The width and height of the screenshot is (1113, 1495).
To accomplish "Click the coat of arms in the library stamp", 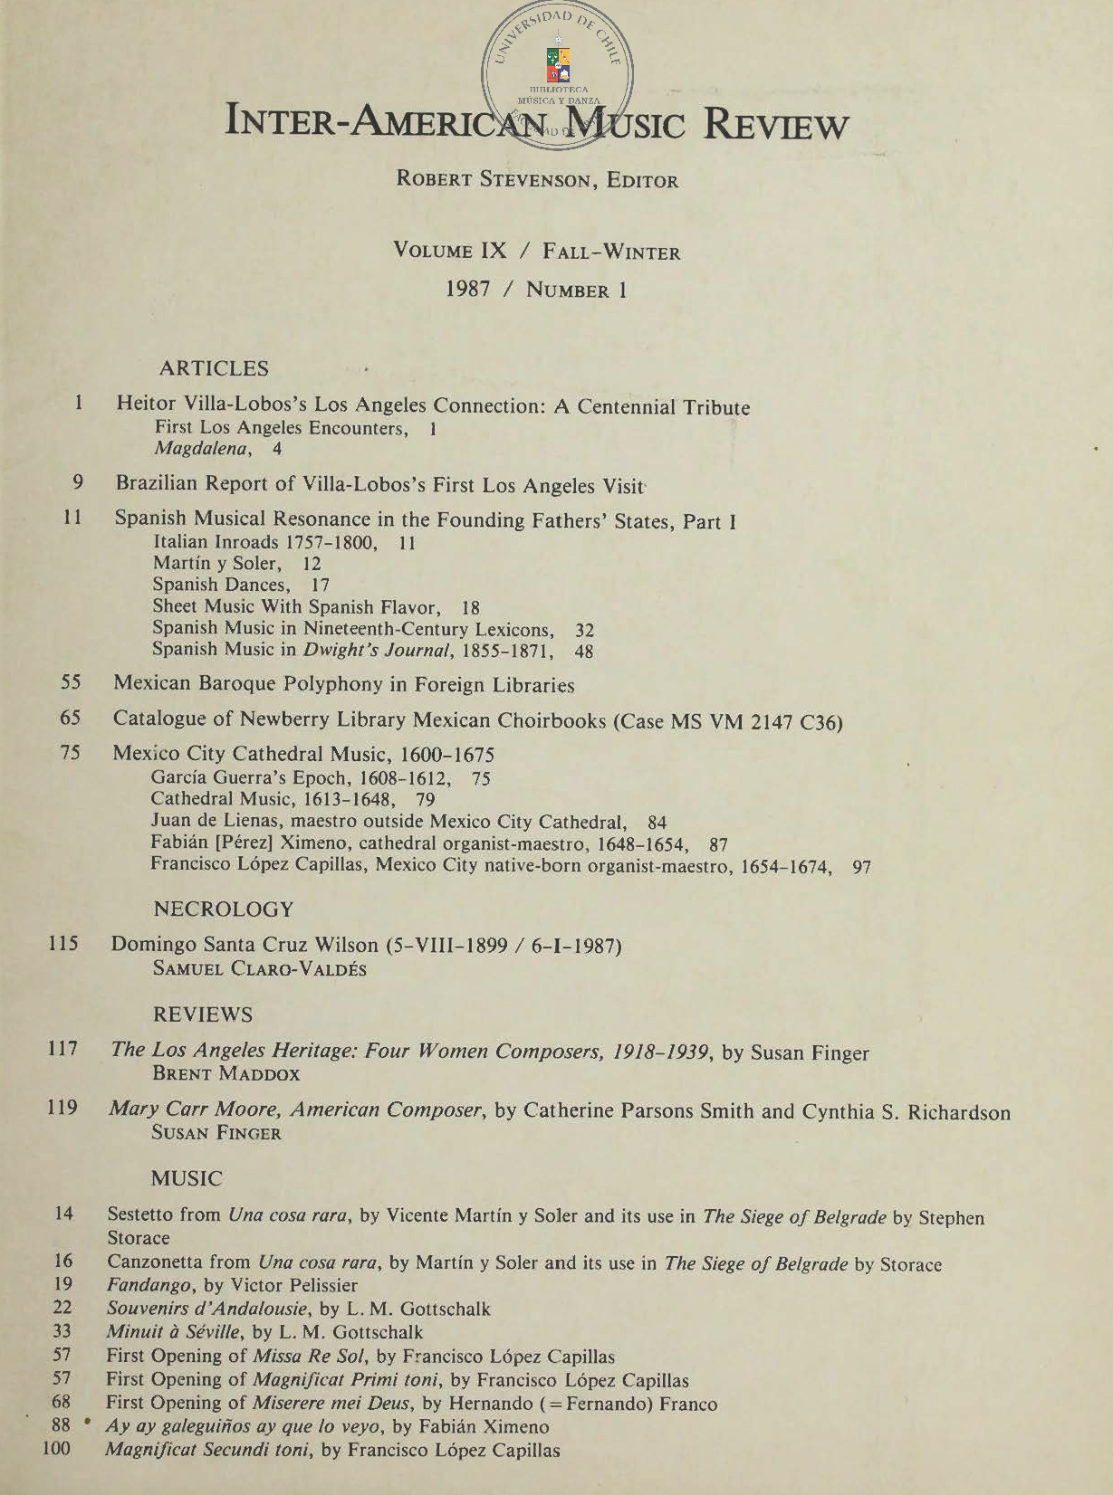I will [558, 65].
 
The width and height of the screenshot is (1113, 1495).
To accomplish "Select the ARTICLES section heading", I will [214, 368].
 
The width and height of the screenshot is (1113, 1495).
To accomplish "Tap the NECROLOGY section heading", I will [224, 909].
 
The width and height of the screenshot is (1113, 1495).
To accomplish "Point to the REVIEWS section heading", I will [203, 1014].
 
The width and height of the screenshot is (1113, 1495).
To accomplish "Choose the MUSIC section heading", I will [187, 1178].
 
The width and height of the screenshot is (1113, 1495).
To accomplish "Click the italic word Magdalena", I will [200, 449].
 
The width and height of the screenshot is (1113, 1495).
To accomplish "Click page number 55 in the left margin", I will [71, 682].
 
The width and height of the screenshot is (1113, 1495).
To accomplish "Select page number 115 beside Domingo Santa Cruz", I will [63, 943].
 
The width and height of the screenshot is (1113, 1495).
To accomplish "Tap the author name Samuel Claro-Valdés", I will [260, 968].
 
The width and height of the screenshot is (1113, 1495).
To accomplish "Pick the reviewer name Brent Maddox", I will [226, 1074].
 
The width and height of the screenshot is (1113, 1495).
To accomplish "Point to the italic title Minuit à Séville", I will [174, 1332].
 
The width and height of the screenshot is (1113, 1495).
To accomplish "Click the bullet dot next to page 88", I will [87, 1422].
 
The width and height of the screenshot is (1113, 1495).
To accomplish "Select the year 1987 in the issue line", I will [468, 289].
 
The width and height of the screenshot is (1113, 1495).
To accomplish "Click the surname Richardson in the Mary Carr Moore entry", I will [958, 1112].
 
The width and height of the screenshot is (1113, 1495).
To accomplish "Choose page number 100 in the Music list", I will [56, 1449].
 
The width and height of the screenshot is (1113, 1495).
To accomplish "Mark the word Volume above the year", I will [433, 251].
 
